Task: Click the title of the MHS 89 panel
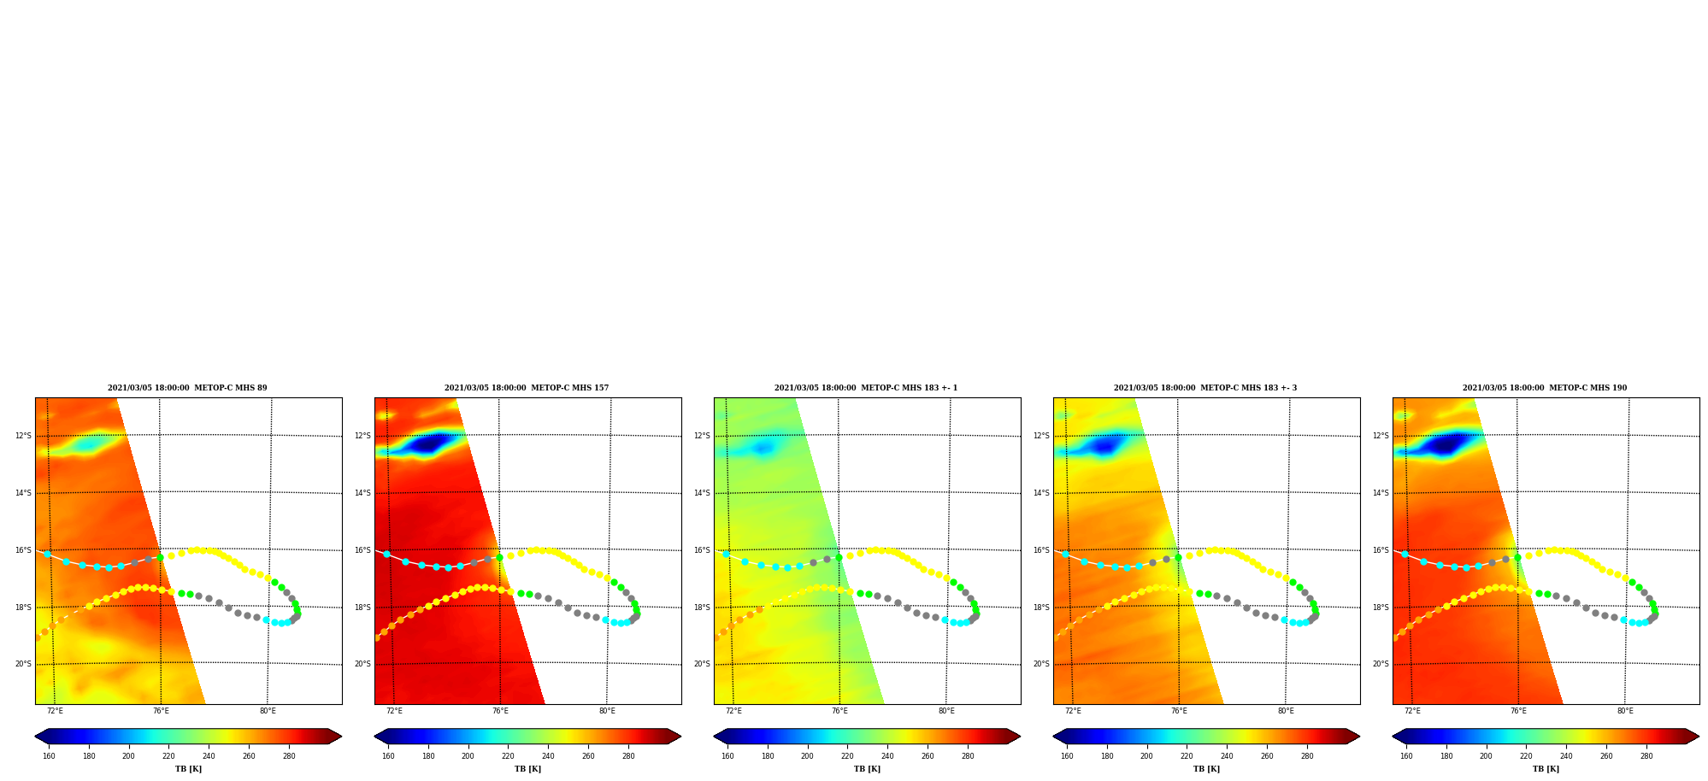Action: pos(187,388)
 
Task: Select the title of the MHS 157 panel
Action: pos(527,388)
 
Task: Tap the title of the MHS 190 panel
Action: pos(1545,388)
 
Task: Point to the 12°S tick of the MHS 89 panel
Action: pos(23,436)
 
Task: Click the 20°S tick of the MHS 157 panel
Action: pos(362,664)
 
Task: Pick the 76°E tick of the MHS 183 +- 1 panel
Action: pos(839,711)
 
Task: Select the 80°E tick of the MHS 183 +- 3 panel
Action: pos(1286,711)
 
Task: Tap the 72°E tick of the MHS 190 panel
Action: pos(1412,711)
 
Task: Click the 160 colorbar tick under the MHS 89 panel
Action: pos(49,755)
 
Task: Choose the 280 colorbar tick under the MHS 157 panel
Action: pos(628,755)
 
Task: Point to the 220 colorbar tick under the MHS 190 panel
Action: pos(1526,755)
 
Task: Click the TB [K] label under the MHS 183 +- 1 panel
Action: pos(867,769)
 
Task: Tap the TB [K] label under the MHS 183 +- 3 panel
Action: pos(1206,769)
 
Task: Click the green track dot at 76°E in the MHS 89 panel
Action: pos(160,557)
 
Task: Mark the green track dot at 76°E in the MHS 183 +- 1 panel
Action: pos(839,557)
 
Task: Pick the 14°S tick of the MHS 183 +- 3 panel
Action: pos(1041,493)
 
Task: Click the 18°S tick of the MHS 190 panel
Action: pos(1381,608)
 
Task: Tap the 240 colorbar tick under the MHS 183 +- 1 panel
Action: pos(887,755)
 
